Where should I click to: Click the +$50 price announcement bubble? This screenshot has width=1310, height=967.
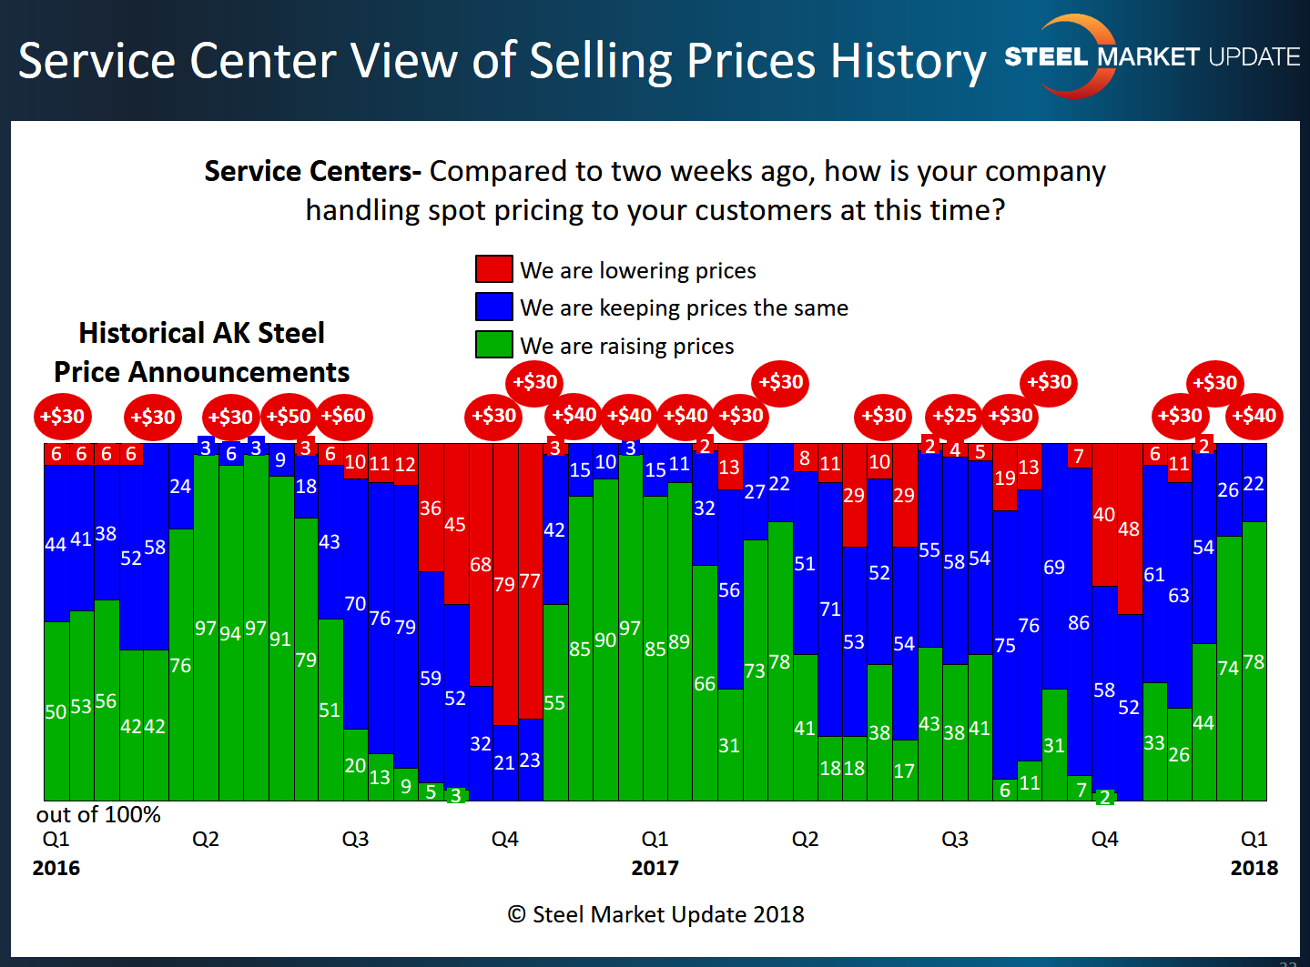(x=289, y=417)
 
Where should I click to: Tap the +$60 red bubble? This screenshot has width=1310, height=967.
(x=344, y=417)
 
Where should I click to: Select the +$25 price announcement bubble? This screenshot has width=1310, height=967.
(x=954, y=417)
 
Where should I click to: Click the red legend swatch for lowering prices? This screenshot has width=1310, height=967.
(x=493, y=268)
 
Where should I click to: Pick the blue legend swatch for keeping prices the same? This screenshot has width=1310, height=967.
(x=493, y=307)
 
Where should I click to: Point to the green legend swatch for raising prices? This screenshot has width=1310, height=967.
(x=493, y=344)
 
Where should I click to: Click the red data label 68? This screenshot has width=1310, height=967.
(x=481, y=565)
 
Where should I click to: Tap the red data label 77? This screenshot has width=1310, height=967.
(x=530, y=581)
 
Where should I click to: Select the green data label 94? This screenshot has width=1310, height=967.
(x=230, y=633)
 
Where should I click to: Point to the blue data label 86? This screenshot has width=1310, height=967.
(x=1079, y=623)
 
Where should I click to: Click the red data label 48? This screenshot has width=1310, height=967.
(x=1129, y=529)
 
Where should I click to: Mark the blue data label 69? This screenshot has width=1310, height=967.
(x=1054, y=568)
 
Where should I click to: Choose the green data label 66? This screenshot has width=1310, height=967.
(x=705, y=683)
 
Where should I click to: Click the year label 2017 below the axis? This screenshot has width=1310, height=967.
(x=655, y=868)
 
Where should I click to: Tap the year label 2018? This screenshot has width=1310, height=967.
(x=1254, y=868)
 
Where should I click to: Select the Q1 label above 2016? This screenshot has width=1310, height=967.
(x=56, y=839)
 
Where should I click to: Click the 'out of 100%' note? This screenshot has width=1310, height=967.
(x=98, y=815)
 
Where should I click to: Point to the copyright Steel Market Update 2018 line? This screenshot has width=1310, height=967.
(x=655, y=914)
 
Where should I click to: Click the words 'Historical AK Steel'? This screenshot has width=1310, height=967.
(x=201, y=333)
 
